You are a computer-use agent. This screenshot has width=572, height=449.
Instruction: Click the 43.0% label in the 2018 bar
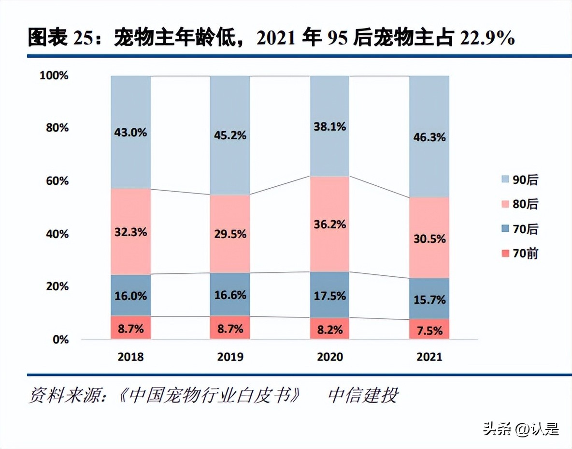point(131,132)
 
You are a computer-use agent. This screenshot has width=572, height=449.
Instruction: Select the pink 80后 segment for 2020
point(329,224)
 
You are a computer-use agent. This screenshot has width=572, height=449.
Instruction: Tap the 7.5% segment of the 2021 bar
point(429,330)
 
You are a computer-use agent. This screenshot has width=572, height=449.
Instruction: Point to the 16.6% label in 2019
point(230,295)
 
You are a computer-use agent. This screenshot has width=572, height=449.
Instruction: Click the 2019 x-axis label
point(230,357)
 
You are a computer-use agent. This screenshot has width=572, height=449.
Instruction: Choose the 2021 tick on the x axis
point(429,357)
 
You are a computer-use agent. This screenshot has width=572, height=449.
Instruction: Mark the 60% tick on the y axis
point(57,181)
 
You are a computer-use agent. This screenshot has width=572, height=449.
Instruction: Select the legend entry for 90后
point(519,180)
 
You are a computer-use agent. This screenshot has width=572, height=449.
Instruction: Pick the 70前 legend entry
point(519,254)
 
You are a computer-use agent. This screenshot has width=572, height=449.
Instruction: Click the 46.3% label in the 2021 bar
point(429,137)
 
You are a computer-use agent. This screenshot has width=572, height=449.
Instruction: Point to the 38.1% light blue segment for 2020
point(329,127)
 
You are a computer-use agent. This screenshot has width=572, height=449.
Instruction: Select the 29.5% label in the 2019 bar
point(230,234)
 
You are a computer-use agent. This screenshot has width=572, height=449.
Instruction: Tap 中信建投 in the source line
point(363,396)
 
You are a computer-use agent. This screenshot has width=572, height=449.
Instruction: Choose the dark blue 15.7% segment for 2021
point(429,299)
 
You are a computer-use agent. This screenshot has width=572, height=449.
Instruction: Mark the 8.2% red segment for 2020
point(329,329)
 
